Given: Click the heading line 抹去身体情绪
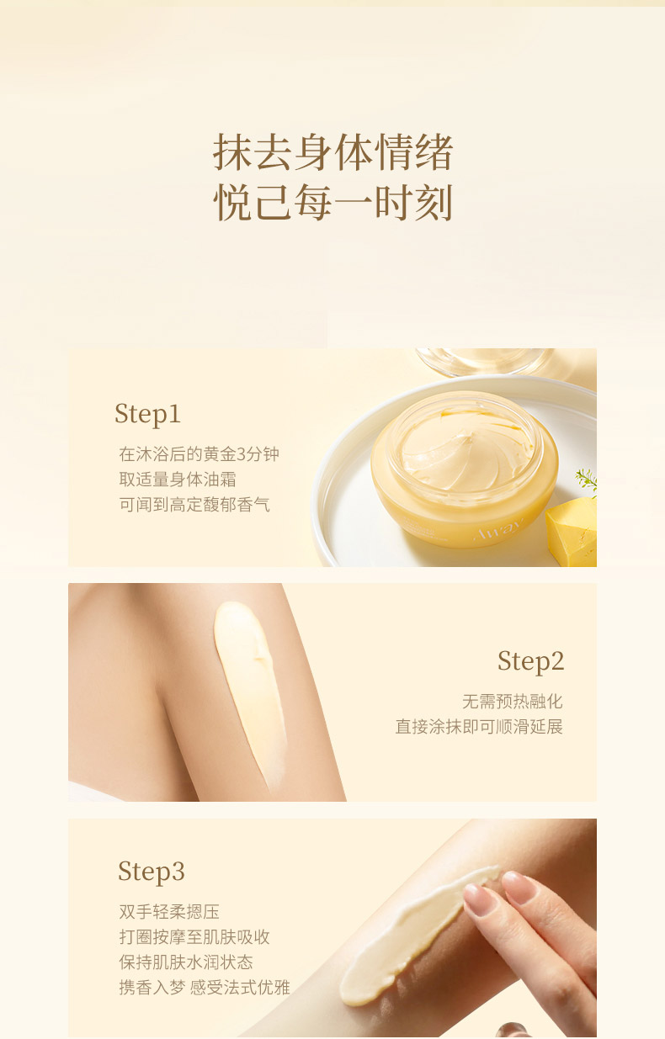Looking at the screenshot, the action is (332, 151).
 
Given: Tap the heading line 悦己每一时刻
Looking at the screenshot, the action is (332, 202).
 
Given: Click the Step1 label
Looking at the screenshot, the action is (147, 414).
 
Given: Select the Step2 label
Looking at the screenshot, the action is (531, 661).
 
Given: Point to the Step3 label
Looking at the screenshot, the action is (152, 872).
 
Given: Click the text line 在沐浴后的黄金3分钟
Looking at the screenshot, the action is (199, 454).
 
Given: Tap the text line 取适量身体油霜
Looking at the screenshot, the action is (178, 480).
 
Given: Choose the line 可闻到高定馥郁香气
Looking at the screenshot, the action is (194, 504).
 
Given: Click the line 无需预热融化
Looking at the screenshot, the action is (513, 702).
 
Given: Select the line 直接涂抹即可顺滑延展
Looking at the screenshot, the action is (479, 726).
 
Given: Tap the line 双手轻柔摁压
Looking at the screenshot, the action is (169, 911).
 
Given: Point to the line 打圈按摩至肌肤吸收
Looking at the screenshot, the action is (194, 936).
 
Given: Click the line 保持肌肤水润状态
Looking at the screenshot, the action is (186, 962).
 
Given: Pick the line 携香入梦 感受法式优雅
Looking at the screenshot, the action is (205, 987).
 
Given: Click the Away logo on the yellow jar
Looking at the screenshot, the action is (499, 530).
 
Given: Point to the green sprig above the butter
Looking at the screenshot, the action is (587, 480).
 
